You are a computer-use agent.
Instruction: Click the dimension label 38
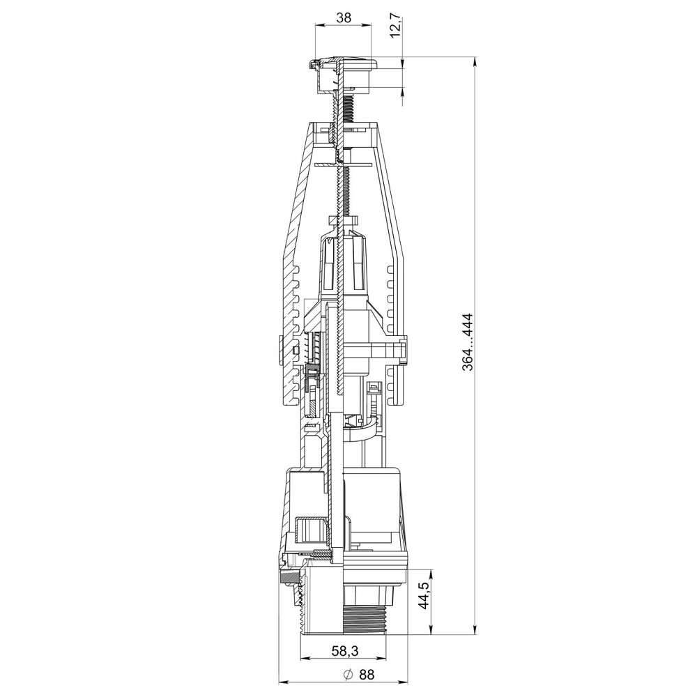(x=344, y=17)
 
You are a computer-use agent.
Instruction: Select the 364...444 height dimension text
(x=467, y=342)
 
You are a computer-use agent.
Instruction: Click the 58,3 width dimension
(x=345, y=650)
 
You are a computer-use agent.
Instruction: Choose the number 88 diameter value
(x=367, y=674)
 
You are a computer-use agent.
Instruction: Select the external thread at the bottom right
(x=364, y=617)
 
